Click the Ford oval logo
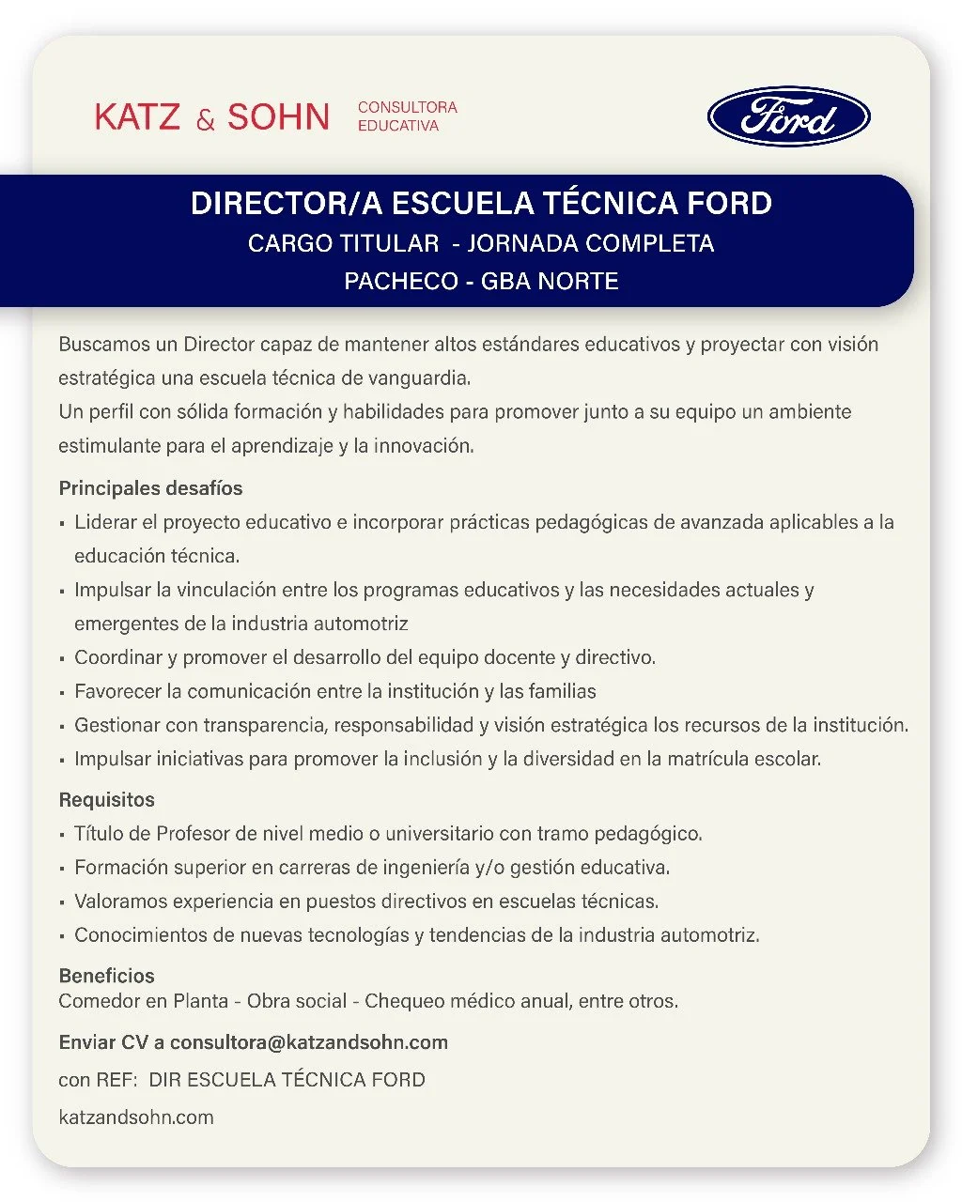(788, 117)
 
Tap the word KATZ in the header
(137, 117)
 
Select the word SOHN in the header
(278, 117)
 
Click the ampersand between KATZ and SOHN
(206, 120)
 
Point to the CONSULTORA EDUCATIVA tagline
(407, 116)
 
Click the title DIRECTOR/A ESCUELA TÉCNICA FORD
(481, 204)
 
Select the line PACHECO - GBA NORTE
(481, 281)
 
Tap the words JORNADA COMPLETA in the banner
(590, 244)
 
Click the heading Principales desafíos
(150, 488)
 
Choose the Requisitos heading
(106, 800)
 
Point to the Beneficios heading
(106, 976)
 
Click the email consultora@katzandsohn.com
(309, 1042)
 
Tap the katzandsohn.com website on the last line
(136, 1117)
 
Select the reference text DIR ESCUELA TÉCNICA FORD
(287, 1080)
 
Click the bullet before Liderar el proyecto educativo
(62, 524)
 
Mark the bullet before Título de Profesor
(62, 835)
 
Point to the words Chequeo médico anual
(467, 1001)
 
